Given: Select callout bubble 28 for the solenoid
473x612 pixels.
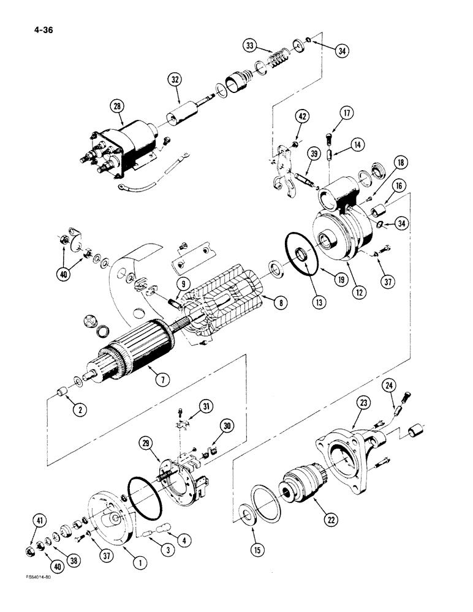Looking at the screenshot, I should point(115,108).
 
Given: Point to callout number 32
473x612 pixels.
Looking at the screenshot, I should point(174,79).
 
